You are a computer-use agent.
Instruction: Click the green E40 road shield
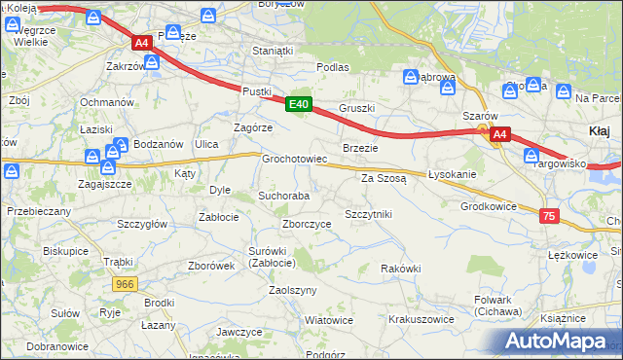[299, 104]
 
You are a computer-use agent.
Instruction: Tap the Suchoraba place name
[283, 196]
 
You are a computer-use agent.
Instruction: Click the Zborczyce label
[306, 224]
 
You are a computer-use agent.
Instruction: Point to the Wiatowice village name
[328, 320]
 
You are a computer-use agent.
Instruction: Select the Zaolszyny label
[293, 291]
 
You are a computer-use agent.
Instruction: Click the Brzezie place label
[359, 147]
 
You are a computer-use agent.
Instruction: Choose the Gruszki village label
[357, 108]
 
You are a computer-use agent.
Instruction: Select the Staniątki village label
[272, 50]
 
